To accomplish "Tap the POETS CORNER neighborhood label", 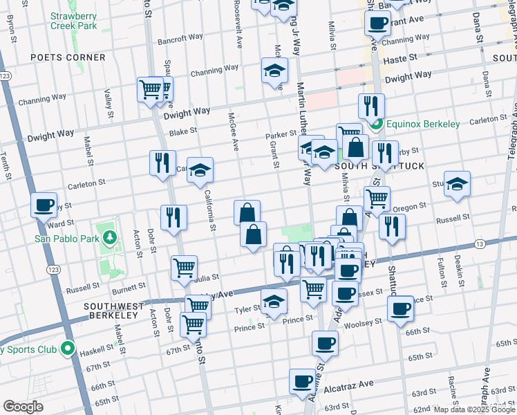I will click(x=67, y=57).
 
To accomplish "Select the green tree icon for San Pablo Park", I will click(x=109, y=239).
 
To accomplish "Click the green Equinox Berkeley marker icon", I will click(x=377, y=124).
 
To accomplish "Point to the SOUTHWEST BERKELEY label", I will click(x=114, y=311).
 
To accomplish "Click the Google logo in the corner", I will click(x=22, y=407).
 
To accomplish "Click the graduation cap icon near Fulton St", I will click(x=457, y=184).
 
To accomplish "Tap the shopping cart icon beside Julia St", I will click(x=184, y=268).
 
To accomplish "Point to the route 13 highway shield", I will click(x=478, y=243).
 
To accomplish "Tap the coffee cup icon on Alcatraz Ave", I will click(x=303, y=381).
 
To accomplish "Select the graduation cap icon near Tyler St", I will click(x=274, y=302).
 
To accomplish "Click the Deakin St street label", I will click(x=460, y=266).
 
